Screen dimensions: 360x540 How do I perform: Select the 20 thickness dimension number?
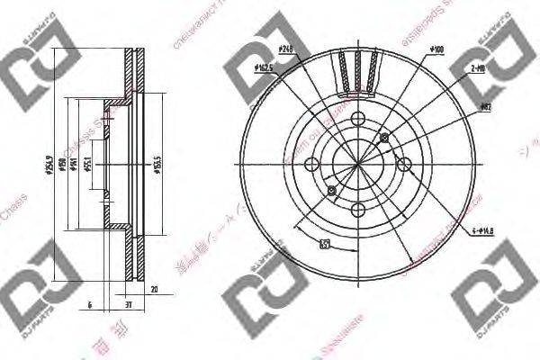(x=154, y=291)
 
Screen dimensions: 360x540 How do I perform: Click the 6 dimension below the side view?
(x=90, y=306)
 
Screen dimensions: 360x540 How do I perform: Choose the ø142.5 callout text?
(x=265, y=67)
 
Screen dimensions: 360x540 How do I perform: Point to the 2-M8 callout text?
(x=476, y=67)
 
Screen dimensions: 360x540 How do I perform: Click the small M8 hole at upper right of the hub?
(x=385, y=138)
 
